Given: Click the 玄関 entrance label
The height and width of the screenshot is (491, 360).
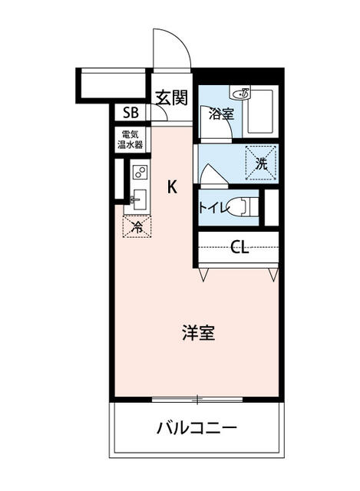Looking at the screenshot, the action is pyautogui.click(x=172, y=97).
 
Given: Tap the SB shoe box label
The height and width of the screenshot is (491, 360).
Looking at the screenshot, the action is pyautogui.click(x=130, y=113).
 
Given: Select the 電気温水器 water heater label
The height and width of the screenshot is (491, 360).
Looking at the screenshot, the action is pyautogui.click(x=130, y=140).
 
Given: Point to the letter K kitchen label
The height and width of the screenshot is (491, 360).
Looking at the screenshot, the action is pyautogui.click(x=172, y=187).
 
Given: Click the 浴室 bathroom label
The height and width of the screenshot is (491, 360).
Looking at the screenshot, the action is pyautogui.click(x=221, y=114).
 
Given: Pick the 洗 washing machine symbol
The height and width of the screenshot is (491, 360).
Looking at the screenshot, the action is pyautogui.click(x=261, y=163).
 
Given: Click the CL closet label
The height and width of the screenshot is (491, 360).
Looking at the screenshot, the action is pyautogui.click(x=239, y=247).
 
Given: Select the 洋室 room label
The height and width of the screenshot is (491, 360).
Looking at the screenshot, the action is pyautogui.click(x=199, y=333).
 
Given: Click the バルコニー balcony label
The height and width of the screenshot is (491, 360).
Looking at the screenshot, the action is pyautogui.click(x=197, y=428).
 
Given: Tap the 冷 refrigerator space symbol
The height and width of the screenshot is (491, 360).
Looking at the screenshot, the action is pyautogui.click(x=137, y=226).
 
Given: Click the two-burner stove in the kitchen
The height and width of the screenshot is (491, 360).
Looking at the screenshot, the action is pyautogui.click(x=140, y=172).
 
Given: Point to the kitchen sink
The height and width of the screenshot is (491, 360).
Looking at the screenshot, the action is pyautogui.click(x=139, y=199).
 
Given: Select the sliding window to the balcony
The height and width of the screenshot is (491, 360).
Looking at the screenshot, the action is pyautogui.click(x=197, y=399).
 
